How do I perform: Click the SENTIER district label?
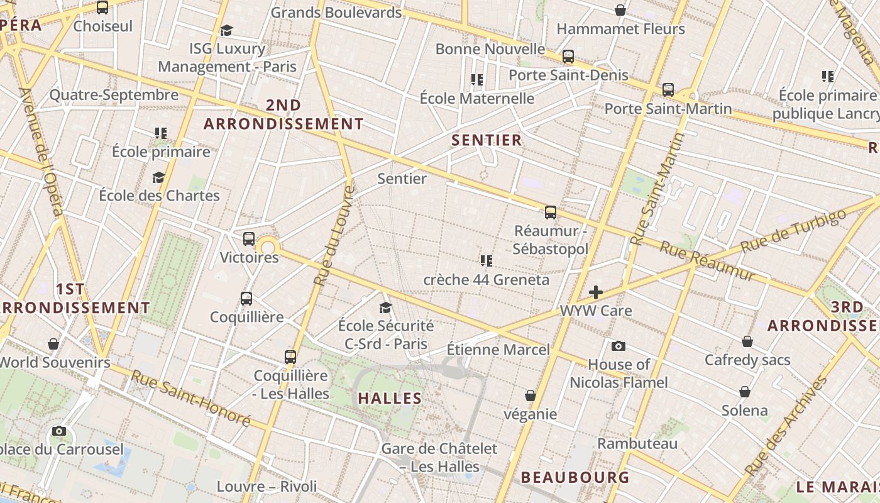coord(487,140)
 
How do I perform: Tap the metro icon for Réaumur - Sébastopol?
coord(551,213)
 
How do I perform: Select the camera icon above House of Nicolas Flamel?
coord(619,346)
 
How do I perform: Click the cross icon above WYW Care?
coord(595,292)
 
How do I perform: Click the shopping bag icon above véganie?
coord(531,395)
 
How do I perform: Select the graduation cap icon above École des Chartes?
coord(158,177)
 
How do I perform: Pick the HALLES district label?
coord(390,398)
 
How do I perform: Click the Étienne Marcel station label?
coord(498,350)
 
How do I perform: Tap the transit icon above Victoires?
coord(249,239)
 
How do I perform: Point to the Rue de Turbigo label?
coord(793,230)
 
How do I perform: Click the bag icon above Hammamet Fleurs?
coord(620,10)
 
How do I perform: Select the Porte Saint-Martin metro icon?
coord(668,90)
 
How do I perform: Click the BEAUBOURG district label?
coord(575,477)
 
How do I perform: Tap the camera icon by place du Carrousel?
coord(59,431)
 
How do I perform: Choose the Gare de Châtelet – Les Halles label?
coord(439,458)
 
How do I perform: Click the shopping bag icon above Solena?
coord(745,392)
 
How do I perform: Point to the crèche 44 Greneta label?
coord(486,280)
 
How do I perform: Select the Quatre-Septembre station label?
coord(114,95)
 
